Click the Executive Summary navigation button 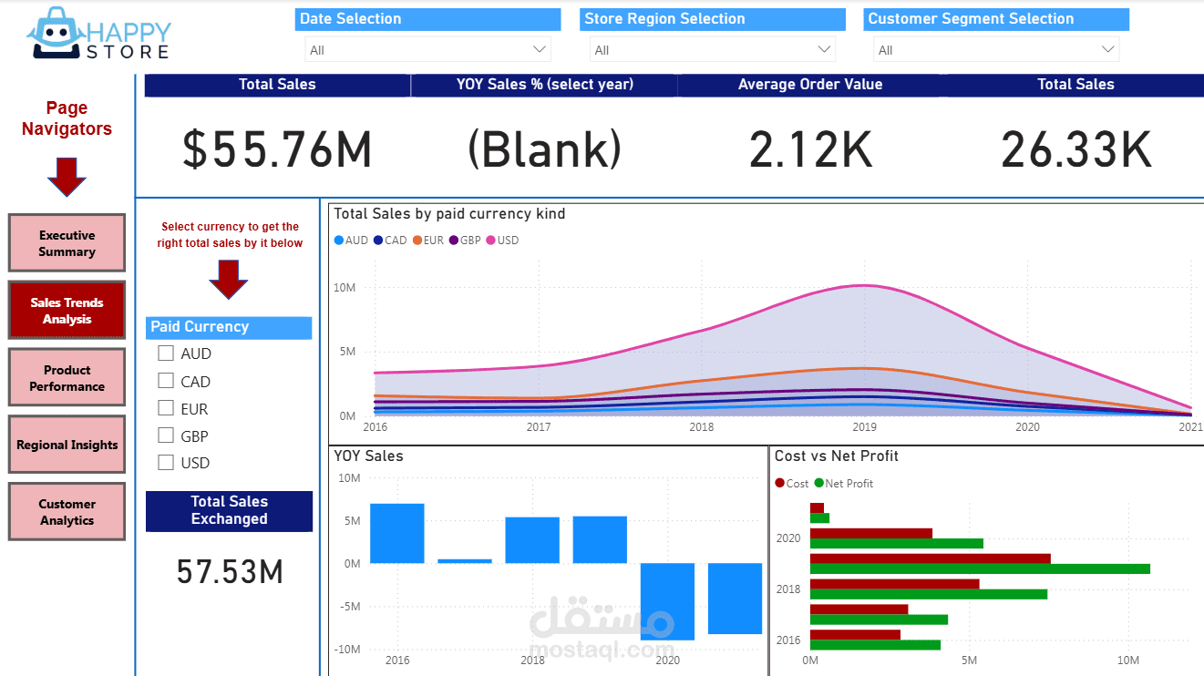(67, 243)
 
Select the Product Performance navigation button (67, 378)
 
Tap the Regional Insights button (67, 445)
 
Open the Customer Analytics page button (67, 512)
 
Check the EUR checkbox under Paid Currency (166, 408)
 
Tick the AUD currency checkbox (166, 353)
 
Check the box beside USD (166, 462)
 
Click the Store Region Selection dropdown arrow (824, 49)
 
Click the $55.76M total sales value (277, 150)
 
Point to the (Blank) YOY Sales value (544, 150)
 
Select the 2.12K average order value (810, 150)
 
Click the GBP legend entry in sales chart (464, 241)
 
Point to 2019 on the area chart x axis (864, 426)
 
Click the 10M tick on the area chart (344, 288)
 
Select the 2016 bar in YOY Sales (396, 533)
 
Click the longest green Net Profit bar (980, 568)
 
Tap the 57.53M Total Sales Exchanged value (230, 572)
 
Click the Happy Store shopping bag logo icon (54, 35)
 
